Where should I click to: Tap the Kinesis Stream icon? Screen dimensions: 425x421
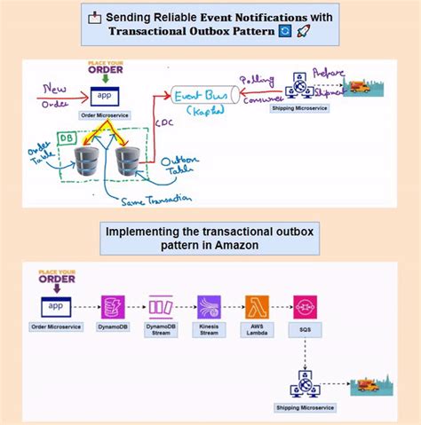(x=210, y=306)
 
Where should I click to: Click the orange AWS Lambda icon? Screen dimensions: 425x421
(x=257, y=306)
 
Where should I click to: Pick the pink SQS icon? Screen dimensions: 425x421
(x=305, y=306)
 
